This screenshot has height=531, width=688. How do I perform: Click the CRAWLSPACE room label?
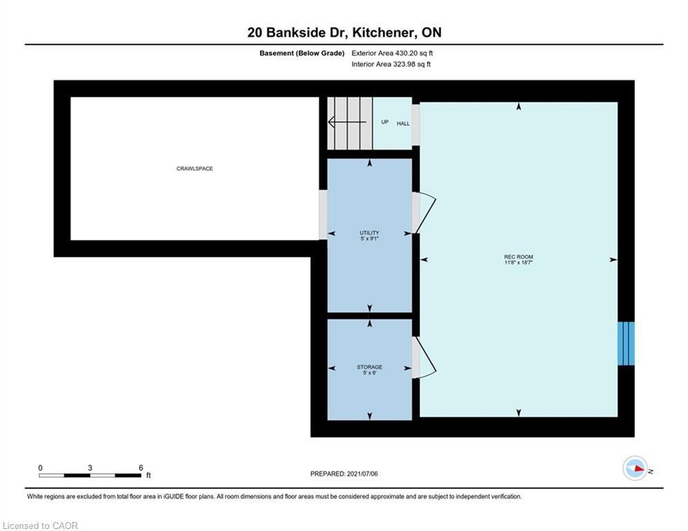pyautogui.click(x=194, y=169)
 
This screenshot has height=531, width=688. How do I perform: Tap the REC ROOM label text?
pyautogui.click(x=519, y=257)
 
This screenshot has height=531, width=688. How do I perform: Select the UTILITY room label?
pyautogui.click(x=369, y=233)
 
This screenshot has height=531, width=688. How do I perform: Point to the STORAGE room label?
pyautogui.click(x=369, y=367)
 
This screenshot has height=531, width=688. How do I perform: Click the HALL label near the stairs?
pyautogui.click(x=402, y=124)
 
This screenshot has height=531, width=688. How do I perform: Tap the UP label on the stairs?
pyautogui.click(x=384, y=122)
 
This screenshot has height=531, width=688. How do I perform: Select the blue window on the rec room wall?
pyautogui.click(x=626, y=343)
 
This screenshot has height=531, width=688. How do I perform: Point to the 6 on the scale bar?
pyautogui.click(x=140, y=467)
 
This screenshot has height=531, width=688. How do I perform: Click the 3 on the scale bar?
pyautogui.click(x=90, y=467)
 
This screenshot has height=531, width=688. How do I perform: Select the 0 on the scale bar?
pyautogui.click(x=40, y=467)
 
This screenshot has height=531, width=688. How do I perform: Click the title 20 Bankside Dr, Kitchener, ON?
pyautogui.click(x=344, y=32)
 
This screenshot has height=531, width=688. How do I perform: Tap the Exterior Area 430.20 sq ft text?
pyautogui.click(x=392, y=53)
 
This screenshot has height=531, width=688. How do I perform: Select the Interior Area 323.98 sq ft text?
pyautogui.click(x=391, y=64)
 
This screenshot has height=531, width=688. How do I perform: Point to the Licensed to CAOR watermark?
pyautogui.click(x=41, y=526)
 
